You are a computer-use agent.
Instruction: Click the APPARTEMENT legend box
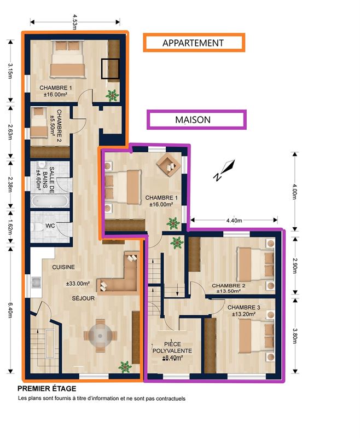(194, 43)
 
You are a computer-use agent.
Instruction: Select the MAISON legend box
(196, 119)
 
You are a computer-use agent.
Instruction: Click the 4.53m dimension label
(74, 22)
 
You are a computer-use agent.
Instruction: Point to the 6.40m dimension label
(10, 310)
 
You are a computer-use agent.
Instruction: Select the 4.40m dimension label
(234, 221)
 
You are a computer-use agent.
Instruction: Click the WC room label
(50, 226)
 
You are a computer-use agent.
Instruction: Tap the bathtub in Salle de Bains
(49, 201)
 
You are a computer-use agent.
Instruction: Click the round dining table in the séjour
(101, 335)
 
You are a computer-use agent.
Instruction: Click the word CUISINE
(63, 267)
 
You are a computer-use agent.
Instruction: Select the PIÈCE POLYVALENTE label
(172, 347)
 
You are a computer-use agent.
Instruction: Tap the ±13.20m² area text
(243, 314)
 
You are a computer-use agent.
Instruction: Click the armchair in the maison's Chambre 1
(169, 165)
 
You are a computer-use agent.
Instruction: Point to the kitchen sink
(36, 283)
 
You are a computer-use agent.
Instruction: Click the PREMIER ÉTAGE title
(47, 389)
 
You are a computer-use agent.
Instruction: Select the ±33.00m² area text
(78, 284)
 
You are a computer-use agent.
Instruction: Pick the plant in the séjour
(125, 367)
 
